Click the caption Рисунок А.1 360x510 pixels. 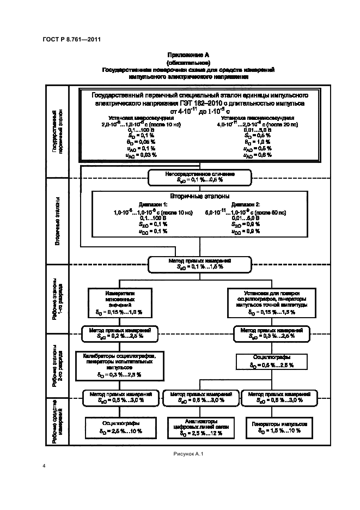[188, 454]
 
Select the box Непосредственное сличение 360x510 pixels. [199, 177]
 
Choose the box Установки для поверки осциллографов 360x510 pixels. [269, 302]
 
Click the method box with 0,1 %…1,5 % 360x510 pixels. [199, 265]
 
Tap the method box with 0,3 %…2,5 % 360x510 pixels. [268, 333]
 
